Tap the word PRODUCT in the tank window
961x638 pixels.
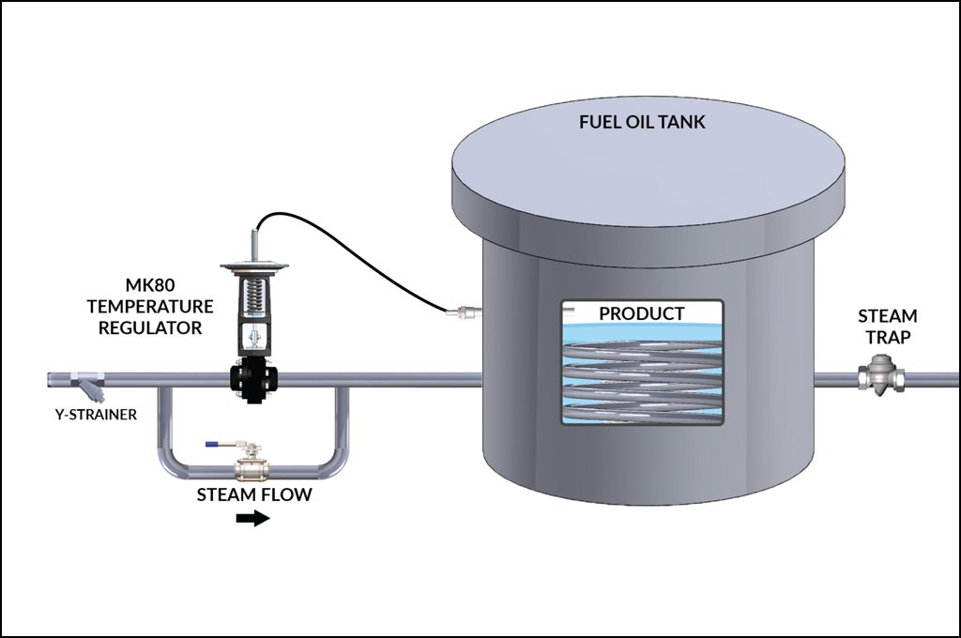click(642, 313)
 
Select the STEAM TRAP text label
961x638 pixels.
click(887, 327)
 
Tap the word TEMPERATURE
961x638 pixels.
click(149, 307)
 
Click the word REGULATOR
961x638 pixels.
click(149, 327)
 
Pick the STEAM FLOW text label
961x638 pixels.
click(253, 494)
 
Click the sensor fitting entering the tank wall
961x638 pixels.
click(463, 310)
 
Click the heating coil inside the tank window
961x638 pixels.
click(642, 375)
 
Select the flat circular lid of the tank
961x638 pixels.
click(647, 155)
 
